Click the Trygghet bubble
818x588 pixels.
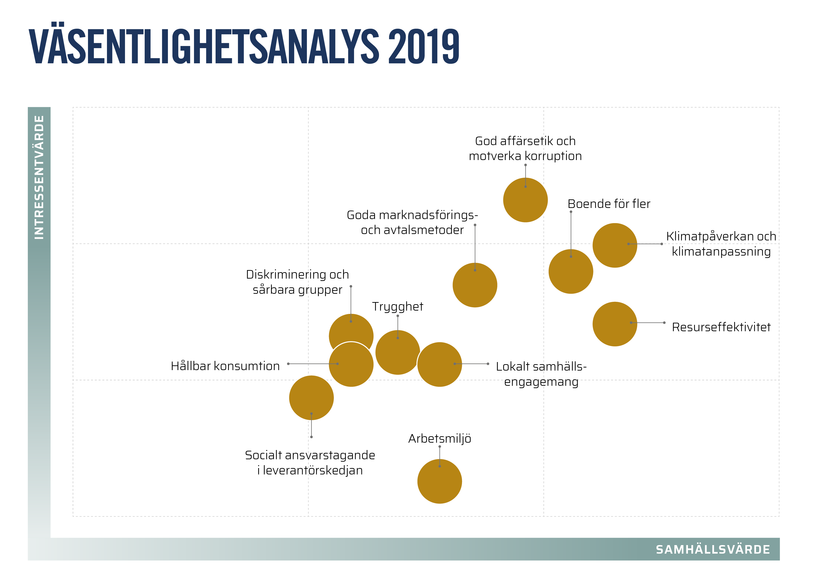pos(397,352)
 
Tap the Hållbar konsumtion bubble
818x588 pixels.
pos(351,364)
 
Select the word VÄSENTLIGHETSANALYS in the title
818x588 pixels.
pos(204,47)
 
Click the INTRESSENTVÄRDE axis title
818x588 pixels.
pos(39,177)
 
